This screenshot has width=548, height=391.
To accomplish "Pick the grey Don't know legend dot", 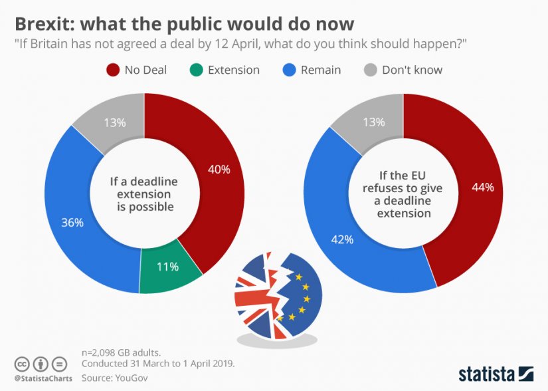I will coord(370,70).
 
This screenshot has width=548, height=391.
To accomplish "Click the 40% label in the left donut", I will coord(219,170).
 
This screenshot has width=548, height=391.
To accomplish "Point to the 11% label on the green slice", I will coord(167,267).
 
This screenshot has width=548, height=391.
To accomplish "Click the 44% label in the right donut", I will coord(482,188).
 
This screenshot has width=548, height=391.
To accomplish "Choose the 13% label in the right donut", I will coord(373,122).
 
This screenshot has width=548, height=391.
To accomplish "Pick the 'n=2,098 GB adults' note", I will coord(120,353).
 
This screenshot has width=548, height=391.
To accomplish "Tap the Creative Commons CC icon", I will coord(22,364).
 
